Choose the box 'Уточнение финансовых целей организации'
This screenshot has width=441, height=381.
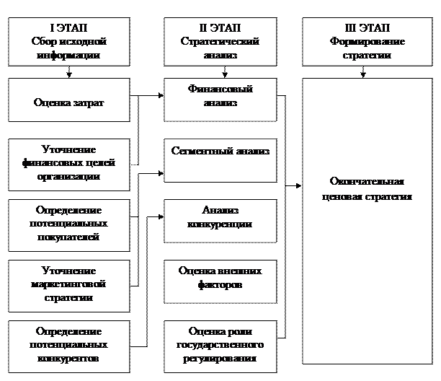(69, 163)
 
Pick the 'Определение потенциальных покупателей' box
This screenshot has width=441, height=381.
(69, 223)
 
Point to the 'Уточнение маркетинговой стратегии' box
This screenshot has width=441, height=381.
(69, 284)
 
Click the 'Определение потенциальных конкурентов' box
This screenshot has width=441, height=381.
(69, 344)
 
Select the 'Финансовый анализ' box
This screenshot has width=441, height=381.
(220, 100)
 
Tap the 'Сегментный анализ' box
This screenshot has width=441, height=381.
(220, 160)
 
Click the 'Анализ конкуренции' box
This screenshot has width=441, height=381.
(220, 219)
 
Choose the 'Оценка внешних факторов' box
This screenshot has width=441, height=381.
(220, 281)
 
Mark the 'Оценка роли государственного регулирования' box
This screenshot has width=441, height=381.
(220, 344)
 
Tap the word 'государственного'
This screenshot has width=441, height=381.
(220, 345)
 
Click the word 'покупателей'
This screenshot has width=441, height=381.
(69, 237)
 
